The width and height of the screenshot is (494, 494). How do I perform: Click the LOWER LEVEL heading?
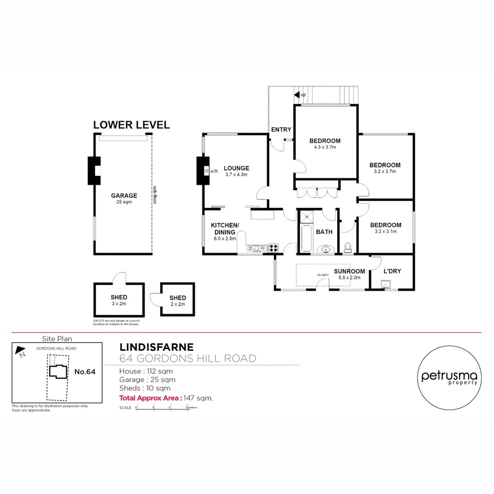(x=131, y=125)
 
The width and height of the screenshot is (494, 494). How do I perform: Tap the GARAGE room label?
(x=124, y=196)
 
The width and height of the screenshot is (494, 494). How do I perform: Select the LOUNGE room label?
(x=236, y=168)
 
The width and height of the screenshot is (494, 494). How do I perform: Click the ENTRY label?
(x=281, y=130)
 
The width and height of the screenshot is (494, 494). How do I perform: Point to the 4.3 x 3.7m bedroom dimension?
(x=325, y=147)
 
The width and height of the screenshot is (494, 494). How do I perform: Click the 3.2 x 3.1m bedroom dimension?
(x=386, y=231)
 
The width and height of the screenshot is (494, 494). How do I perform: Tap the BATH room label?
(x=324, y=232)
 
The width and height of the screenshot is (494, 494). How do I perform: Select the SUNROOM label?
(x=349, y=271)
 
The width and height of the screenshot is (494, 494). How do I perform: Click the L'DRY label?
(x=392, y=271)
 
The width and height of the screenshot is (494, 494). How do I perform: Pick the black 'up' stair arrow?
(x=296, y=95)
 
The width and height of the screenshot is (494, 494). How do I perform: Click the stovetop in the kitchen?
(x=274, y=248)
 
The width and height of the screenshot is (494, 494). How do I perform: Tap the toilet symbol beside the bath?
(x=348, y=248)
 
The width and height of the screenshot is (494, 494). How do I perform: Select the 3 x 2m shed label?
(x=119, y=303)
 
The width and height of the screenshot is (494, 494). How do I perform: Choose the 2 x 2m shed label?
(x=177, y=304)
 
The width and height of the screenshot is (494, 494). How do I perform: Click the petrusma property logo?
(x=449, y=376)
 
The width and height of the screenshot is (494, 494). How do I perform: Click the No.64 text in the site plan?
(x=85, y=372)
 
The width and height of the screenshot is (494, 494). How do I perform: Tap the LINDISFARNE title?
(x=156, y=348)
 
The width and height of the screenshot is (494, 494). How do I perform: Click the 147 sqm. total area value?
(x=198, y=398)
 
